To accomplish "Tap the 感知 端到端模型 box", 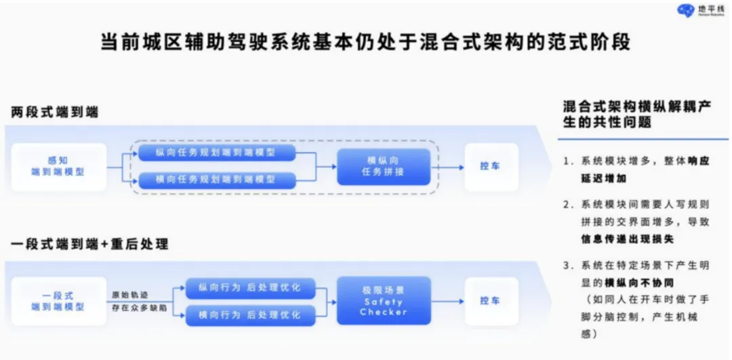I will (x=58, y=166).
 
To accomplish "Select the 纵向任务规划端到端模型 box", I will (x=217, y=153).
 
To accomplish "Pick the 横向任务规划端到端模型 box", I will (x=217, y=180).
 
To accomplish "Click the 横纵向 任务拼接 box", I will (x=384, y=166).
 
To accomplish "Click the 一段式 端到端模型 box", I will (x=58, y=301).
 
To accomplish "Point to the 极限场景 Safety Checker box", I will (x=384, y=300).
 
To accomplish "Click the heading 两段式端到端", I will (x=54, y=113).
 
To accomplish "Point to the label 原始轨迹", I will (x=129, y=295).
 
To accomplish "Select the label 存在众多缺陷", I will (x=138, y=308).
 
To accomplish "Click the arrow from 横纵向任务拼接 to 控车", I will (x=448, y=166).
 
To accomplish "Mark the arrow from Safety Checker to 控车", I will (x=448, y=300).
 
